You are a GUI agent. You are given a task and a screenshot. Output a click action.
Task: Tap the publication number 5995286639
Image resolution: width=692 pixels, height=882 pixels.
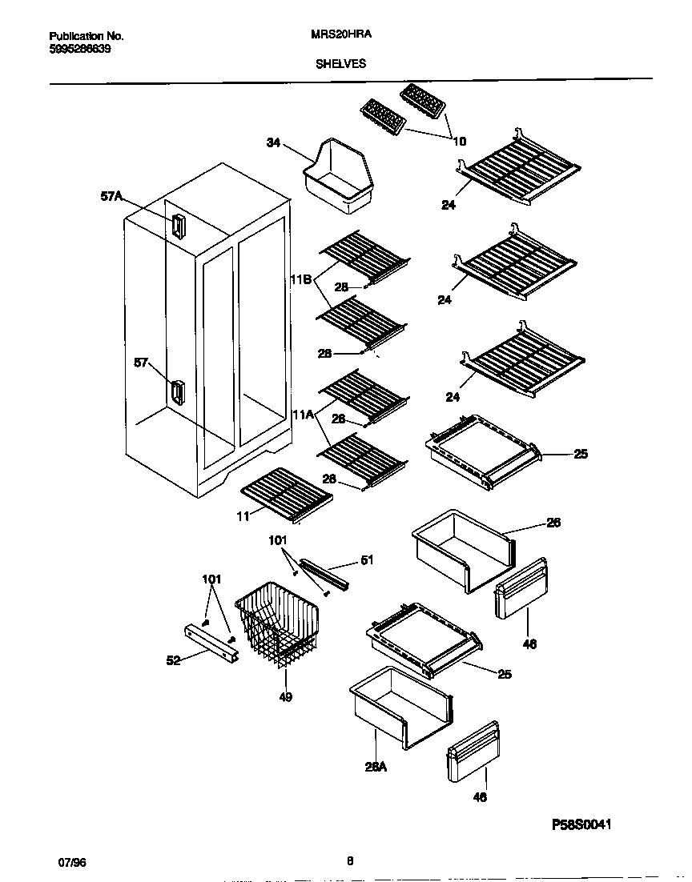(x=80, y=49)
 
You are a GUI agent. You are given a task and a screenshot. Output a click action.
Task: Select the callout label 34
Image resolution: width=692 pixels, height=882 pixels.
(x=273, y=142)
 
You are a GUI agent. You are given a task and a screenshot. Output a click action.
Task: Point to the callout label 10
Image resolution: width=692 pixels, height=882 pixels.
(x=459, y=142)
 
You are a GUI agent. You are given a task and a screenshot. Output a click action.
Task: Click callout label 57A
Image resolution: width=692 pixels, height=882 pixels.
(x=112, y=195)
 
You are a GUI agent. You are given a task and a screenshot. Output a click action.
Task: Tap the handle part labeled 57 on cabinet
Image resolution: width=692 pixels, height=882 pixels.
(x=176, y=392)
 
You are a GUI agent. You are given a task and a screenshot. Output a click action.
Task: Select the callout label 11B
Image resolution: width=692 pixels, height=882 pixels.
(x=300, y=281)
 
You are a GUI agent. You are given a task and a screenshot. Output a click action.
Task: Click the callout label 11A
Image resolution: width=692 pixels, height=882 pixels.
(x=301, y=415)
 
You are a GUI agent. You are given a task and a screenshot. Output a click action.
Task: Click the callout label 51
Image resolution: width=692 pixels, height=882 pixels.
(x=367, y=560)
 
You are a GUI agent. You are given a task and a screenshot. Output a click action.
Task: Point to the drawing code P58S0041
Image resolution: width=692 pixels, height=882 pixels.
(x=586, y=824)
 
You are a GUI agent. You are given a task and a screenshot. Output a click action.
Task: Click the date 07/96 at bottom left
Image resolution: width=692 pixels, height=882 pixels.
(x=72, y=862)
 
